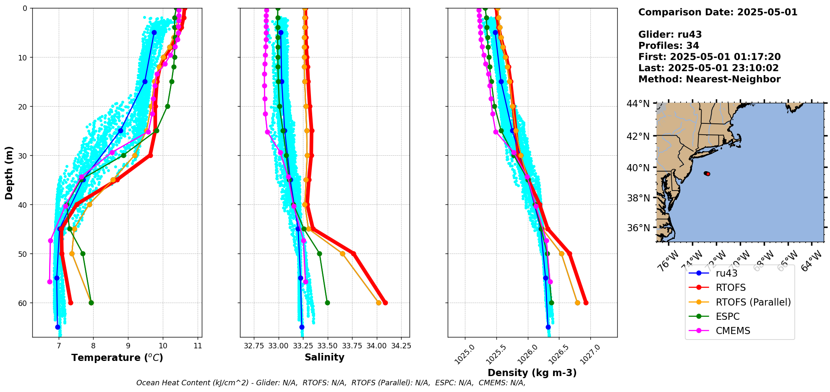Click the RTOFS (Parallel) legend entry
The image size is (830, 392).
(x=753, y=302)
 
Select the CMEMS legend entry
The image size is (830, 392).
(x=733, y=331)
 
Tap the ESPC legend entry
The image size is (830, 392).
(x=727, y=316)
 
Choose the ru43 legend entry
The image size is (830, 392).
(x=726, y=273)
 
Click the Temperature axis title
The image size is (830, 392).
(x=117, y=358)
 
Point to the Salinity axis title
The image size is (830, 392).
(x=324, y=358)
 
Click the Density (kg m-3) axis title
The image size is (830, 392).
(x=532, y=373)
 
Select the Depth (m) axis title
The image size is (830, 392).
(x=9, y=172)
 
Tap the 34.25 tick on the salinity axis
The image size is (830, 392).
(x=401, y=346)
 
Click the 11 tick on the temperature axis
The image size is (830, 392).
(x=198, y=346)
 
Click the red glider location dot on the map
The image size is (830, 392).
(x=708, y=174)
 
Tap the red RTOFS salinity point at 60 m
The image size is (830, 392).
(x=385, y=303)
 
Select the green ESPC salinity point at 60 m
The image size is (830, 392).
(x=327, y=303)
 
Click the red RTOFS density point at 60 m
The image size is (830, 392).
(x=586, y=303)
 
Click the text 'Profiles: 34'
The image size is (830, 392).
(x=668, y=46)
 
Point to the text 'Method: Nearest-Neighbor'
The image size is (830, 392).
(x=709, y=79)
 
